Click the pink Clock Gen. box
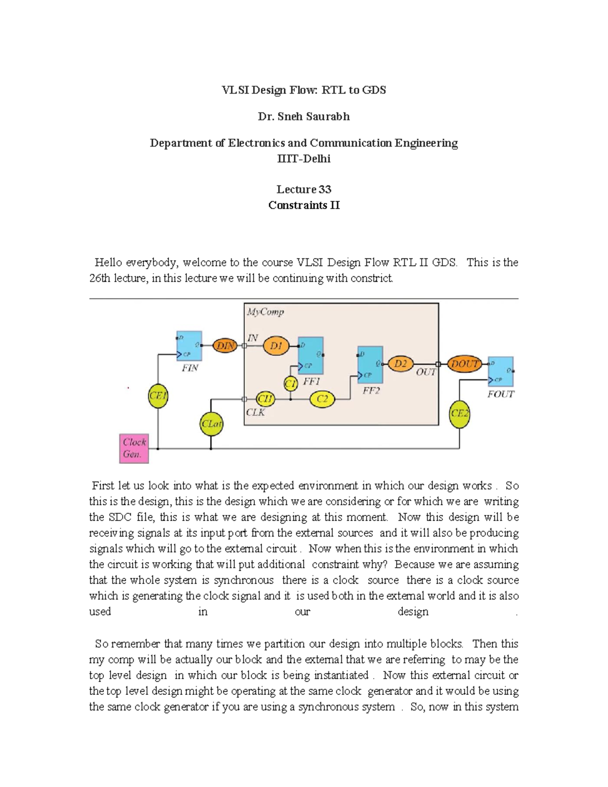coord(134,448)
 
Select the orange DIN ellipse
coord(225,346)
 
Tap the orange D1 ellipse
coord(276,346)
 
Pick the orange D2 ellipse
coord(400,364)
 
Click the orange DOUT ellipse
coord(465,364)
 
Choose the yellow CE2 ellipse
coord(460,414)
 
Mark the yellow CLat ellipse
coord(211,424)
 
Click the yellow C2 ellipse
coord(322,399)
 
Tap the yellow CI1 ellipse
coord(265,399)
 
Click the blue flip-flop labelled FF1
coord(311,355)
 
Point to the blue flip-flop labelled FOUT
coord(501,371)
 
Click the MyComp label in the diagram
coord(265,312)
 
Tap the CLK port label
coord(255,413)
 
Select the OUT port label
coord(426,372)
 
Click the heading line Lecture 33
coord(303,190)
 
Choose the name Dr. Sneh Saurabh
coord(303,117)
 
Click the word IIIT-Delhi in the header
coord(303,159)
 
